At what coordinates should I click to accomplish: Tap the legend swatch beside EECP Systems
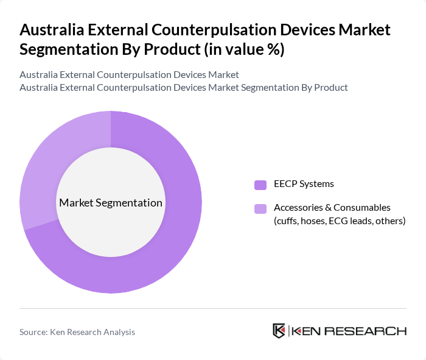(x=260, y=185)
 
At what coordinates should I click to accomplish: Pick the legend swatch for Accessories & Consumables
(x=260, y=209)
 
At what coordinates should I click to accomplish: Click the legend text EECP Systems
(x=304, y=184)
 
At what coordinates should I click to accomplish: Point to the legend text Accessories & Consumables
(x=332, y=208)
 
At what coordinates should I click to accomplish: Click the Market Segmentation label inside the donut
(x=111, y=203)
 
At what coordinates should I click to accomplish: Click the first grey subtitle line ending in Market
(x=129, y=74)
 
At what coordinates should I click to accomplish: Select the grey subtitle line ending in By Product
(x=184, y=87)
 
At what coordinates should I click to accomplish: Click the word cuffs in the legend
(x=288, y=221)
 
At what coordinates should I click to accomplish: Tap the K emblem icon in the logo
(x=279, y=331)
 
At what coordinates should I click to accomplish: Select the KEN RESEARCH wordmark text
(x=349, y=331)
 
